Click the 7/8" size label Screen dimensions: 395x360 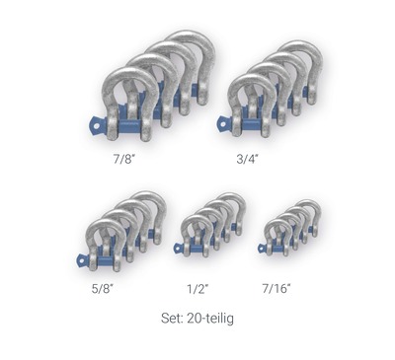(124, 159)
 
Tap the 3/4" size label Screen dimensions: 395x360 (247, 159)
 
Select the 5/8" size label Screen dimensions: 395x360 (103, 289)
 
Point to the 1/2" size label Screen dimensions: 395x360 (197, 289)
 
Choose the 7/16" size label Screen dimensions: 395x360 (276, 289)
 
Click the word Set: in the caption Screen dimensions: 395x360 (172, 319)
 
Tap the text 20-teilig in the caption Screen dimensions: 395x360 (210, 319)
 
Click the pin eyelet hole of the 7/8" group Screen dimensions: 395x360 (96, 125)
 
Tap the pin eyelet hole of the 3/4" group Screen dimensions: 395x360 (223, 124)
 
